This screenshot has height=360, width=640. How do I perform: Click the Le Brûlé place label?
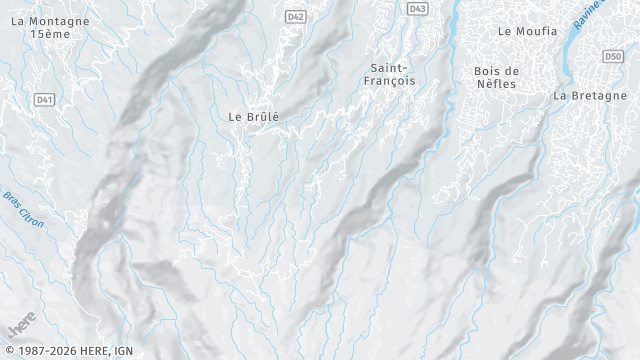[254, 116]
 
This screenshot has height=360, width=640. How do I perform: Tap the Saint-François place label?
[390, 74]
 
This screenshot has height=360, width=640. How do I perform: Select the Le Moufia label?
[527, 31]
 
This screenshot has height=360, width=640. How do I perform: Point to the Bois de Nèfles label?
[496, 77]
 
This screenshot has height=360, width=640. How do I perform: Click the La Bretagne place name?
[588, 96]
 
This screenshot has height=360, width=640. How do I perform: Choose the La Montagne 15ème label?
[49, 27]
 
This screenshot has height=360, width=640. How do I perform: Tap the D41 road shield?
[44, 99]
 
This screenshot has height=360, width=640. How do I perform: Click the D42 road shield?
[295, 16]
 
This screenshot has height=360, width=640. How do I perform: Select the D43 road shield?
[418, 8]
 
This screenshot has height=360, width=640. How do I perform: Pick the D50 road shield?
[614, 56]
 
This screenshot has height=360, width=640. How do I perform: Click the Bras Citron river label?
[23, 209]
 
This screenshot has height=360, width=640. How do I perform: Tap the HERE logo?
[21, 325]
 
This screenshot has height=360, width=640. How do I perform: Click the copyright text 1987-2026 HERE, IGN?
[67, 351]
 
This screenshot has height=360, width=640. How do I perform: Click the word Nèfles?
[496, 84]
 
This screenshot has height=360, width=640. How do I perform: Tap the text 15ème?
[49, 34]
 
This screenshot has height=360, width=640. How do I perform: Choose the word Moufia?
[536, 31]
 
